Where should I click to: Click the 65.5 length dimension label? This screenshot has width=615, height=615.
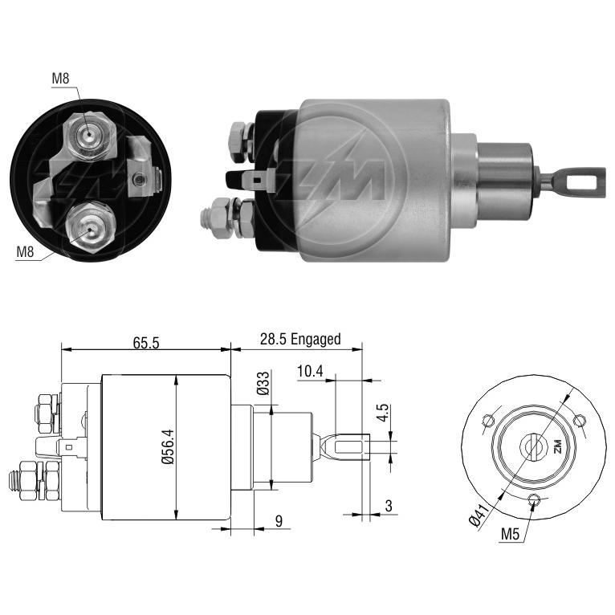click(x=146, y=342)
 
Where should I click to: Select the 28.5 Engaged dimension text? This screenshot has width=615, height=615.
click(x=300, y=339)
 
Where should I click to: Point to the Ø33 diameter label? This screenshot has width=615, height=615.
click(x=263, y=383)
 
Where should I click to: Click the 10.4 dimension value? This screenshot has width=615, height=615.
click(x=310, y=371)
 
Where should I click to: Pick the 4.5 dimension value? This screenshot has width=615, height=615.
click(x=382, y=413)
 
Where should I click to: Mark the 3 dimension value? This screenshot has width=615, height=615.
click(x=389, y=506)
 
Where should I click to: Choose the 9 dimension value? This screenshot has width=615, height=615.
click(x=279, y=521)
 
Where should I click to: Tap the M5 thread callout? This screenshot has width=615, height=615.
click(x=510, y=533)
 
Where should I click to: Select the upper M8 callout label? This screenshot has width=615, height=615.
click(x=60, y=79)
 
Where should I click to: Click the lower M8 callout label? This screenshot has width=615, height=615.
click(x=25, y=251)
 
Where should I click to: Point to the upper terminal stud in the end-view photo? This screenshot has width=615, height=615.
click(x=89, y=136)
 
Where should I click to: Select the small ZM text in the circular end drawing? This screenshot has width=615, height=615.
click(x=557, y=446)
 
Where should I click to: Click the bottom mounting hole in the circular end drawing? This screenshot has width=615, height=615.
click(x=533, y=499)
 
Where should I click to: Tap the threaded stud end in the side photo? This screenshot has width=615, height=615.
click(x=205, y=218)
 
